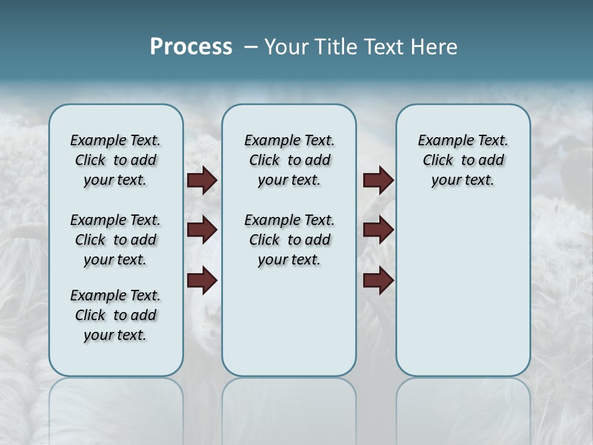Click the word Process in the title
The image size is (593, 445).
pyautogui.click(x=191, y=47)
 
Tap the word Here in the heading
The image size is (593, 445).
pyautogui.click(x=434, y=47)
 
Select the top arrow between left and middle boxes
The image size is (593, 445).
pyautogui.click(x=202, y=180)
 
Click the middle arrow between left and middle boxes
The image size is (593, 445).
pyautogui.click(x=202, y=230)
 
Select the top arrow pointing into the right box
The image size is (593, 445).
pyautogui.click(x=378, y=180)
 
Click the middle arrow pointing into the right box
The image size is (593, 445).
pyautogui.click(x=378, y=230)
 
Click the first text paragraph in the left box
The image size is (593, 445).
pyautogui.click(x=116, y=160)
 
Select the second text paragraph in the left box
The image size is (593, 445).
pyautogui.click(x=116, y=240)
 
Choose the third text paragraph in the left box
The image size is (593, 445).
pyautogui.click(x=116, y=315)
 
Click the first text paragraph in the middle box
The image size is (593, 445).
pyautogui.click(x=289, y=160)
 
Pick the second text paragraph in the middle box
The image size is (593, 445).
pyautogui.click(x=289, y=240)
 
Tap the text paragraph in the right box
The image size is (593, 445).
pyautogui.click(x=463, y=160)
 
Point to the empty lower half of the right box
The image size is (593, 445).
pyautogui.click(x=463, y=297)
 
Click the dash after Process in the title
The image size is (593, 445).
pyautogui.click(x=251, y=47)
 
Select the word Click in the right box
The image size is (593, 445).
pyautogui.click(x=438, y=161)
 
